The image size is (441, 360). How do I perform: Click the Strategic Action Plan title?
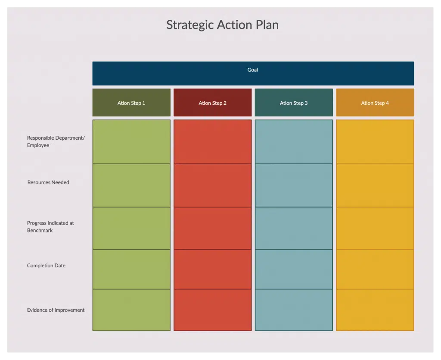coord(223,25)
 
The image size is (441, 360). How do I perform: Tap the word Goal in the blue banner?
coord(252,70)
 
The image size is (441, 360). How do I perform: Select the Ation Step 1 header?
coord(131,103)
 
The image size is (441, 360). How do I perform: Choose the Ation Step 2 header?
coord(213,103)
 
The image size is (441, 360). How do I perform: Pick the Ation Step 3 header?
coord(294,103)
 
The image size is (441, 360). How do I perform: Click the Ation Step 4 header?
coord(375,103)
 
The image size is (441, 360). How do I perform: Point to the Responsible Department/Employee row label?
coord(56,141)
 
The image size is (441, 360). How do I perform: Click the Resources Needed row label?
coord(48,182)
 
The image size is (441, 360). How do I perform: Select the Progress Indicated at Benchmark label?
coord(50,227)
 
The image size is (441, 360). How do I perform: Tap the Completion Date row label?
coord(46,266)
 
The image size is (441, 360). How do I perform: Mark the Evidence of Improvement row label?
coord(56,310)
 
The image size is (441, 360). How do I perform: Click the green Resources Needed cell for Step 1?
coord(131,185)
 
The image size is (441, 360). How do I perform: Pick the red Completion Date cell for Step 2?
coord(213,269)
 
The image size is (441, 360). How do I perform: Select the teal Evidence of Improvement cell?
coord(294,310)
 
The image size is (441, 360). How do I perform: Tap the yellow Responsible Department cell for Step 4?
coord(375,142)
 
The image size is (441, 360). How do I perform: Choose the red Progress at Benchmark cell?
coord(213,228)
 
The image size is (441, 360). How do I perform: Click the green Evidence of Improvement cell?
coord(131,310)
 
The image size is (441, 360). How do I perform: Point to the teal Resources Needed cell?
coord(294,185)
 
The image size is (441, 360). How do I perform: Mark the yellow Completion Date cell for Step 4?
coord(375,269)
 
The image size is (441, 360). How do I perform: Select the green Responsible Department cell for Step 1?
coord(131,142)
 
